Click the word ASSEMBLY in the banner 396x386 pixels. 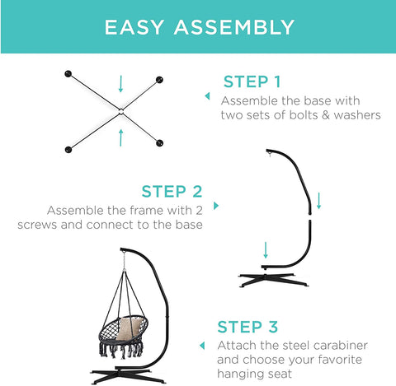pos(234,27)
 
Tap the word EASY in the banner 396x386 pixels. pos(134,27)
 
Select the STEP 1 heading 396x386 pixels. pos(252,81)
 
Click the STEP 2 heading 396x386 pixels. pos(172,191)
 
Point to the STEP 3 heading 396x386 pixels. pos(247,327)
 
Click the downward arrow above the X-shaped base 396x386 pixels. pos(120,84)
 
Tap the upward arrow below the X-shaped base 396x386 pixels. pos(120,138)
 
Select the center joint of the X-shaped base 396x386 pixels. pos(121,112)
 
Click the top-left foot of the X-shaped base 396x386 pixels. pos(68,74)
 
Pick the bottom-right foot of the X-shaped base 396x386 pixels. pos(159,143)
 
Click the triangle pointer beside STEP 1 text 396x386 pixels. pos(207,96)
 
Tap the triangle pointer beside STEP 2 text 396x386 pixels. pos(216,206)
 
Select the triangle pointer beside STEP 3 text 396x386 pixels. pos(202,346)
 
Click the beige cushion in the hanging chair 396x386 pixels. pos(130,328)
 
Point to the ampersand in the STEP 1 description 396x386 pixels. pos(326,115)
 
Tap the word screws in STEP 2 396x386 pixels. pos(37,225)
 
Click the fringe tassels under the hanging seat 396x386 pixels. pos(121,351)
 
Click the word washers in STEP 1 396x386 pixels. pos(357,115)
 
